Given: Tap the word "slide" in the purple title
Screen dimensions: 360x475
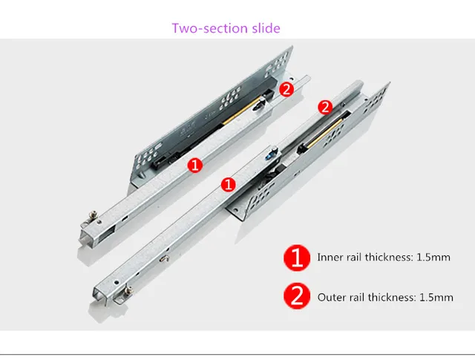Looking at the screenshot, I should click(x=265, y=28).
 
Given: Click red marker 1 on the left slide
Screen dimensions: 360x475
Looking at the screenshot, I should click(x=195, y=165).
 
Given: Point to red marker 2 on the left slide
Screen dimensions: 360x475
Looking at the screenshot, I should click(x=286, y=89).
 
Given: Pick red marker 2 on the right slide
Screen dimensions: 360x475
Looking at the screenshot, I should click(x=324, y=107).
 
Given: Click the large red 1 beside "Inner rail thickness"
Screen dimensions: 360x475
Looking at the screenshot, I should click(x=296, y=258).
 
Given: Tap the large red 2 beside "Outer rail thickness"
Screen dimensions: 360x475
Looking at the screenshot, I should click(x=296, y=297).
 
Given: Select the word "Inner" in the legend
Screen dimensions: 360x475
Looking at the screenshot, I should click(x=330, y=258).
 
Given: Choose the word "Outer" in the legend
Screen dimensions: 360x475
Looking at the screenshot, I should click(x=332, y=298).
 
